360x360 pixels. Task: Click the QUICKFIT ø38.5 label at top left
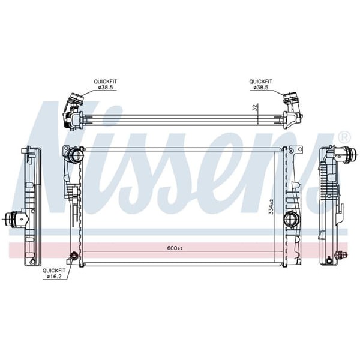pos(104,85)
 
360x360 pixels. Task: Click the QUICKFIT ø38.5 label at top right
pos(261,85)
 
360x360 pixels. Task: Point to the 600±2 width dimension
pos(175,248)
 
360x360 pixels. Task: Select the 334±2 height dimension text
pos(271,206)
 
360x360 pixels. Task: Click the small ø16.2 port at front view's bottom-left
pos(74,256)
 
